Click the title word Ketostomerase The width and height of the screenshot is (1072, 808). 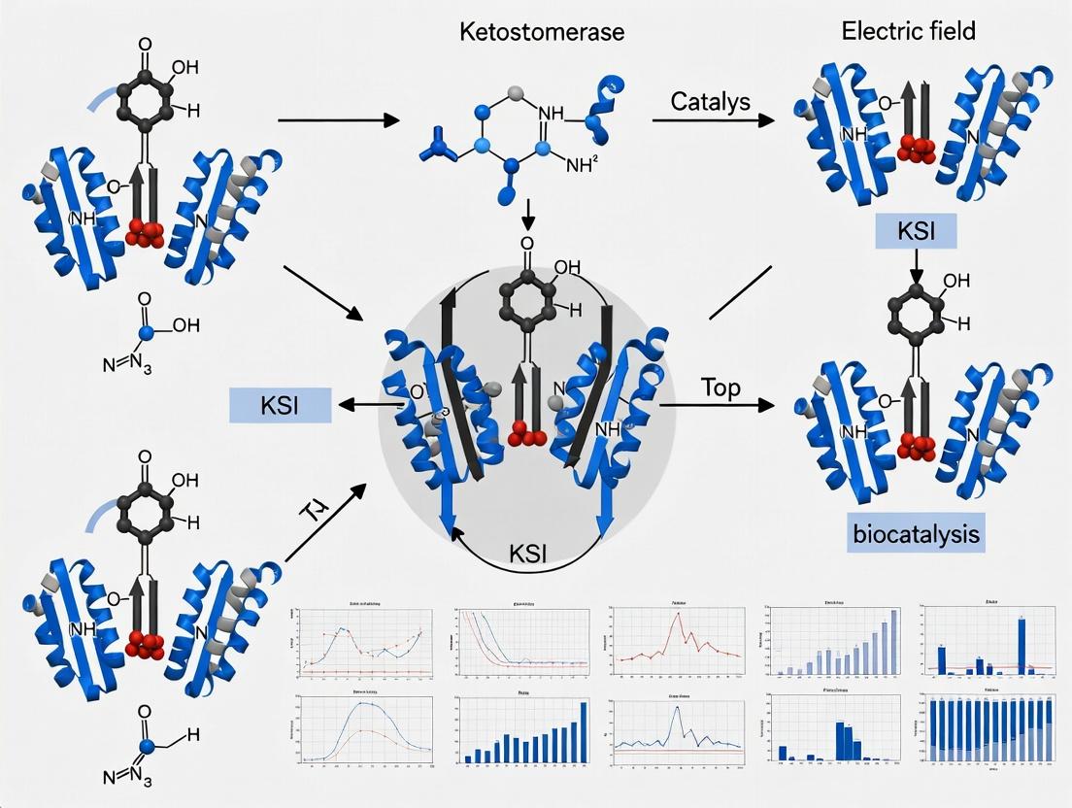(x=542, y=32)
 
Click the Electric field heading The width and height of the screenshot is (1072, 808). (x=908, y=30)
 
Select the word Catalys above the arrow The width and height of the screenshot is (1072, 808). (x=709, y=101)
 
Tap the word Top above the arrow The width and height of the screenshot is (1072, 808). (x=720, y=387)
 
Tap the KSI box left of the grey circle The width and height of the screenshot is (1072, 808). (x=280, y=405)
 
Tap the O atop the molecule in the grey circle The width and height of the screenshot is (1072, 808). (x=527, y=245)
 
